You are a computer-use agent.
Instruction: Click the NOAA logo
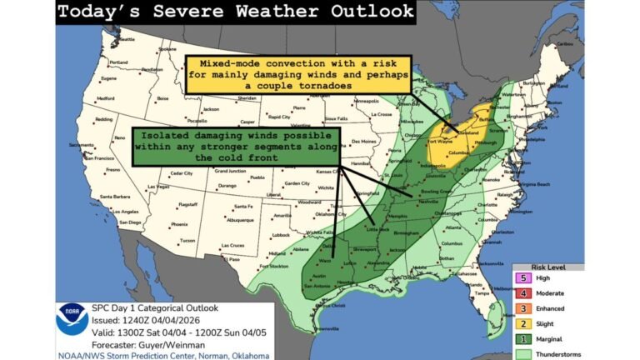click(x=72, y=318)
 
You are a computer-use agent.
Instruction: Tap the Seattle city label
click(x=127, y=39)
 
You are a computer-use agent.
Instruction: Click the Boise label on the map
click(x=162, y=98)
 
